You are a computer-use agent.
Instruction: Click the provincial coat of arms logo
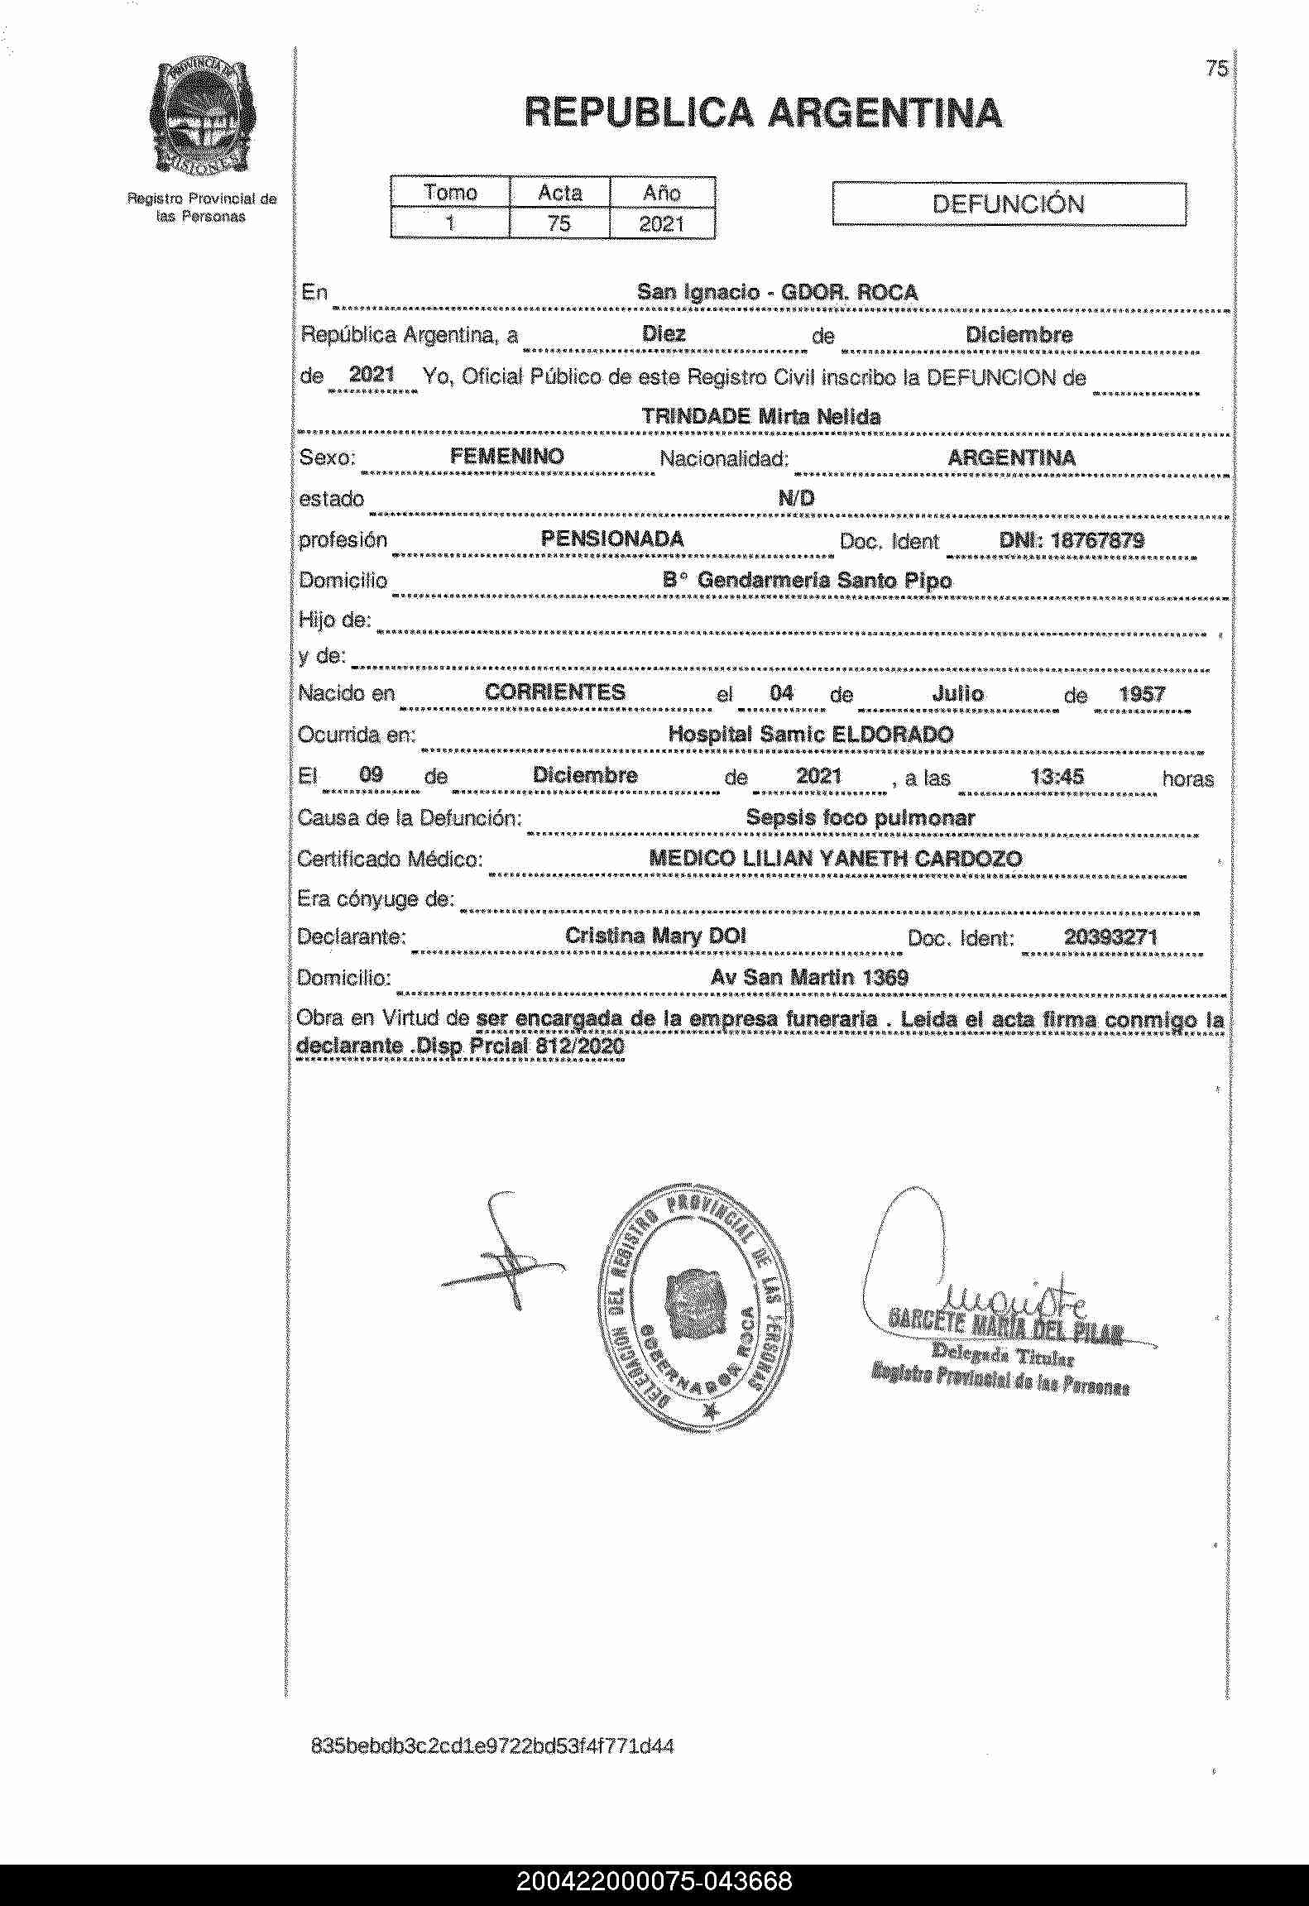point(202,117)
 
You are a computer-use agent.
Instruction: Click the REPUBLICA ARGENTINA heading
point(763,113)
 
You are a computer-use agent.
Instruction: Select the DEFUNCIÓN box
point(1008,204)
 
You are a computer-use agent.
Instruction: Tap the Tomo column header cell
point(450,193)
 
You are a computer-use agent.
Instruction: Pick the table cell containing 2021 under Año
point(662,224)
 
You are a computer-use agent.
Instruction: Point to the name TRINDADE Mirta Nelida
point(760,416)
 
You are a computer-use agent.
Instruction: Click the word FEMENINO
point(506,457)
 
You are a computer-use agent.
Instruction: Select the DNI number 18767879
point(1072,540)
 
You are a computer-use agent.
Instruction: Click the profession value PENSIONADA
point(612,539)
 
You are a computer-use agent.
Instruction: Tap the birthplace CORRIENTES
point(555,692)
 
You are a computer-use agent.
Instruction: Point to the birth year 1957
point(1142,694)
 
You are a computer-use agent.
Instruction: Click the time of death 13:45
point(1057,776)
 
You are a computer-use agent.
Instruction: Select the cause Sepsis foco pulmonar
point(860,817)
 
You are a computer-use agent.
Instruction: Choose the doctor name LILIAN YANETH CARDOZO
point(882,858)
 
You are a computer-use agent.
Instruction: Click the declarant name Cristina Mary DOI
point(655,936)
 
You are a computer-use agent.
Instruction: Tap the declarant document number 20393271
point(1110,937)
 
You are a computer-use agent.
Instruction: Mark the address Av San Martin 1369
point(809,977)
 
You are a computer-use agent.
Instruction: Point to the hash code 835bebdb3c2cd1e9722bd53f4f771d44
point(492,1746)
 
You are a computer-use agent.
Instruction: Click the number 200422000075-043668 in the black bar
point(654,1881)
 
